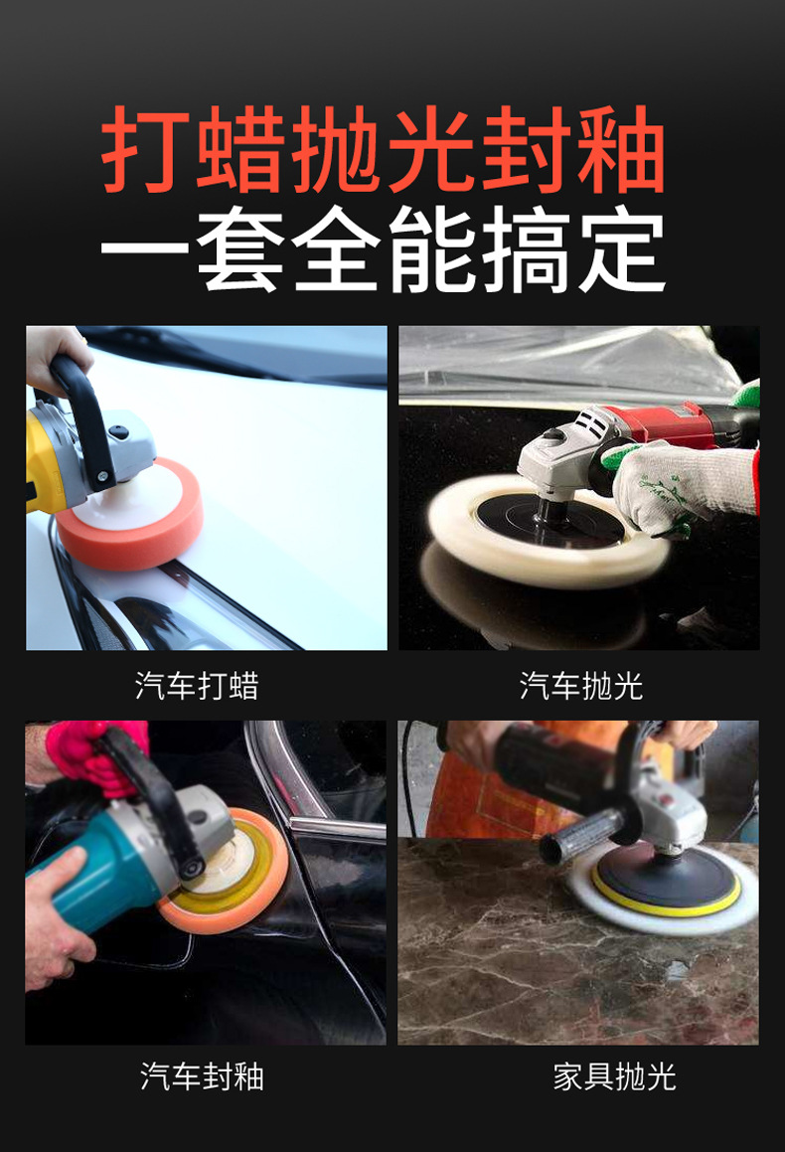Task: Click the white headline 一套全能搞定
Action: coord(383,249)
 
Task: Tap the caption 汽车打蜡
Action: coord(197,686)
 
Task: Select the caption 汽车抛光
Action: coord(581,686)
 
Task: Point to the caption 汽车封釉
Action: coord(202,1076)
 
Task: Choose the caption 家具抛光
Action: coord(615,1076)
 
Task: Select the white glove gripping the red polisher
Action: coord(680,485)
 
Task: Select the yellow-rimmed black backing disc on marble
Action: coord(666,880)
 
